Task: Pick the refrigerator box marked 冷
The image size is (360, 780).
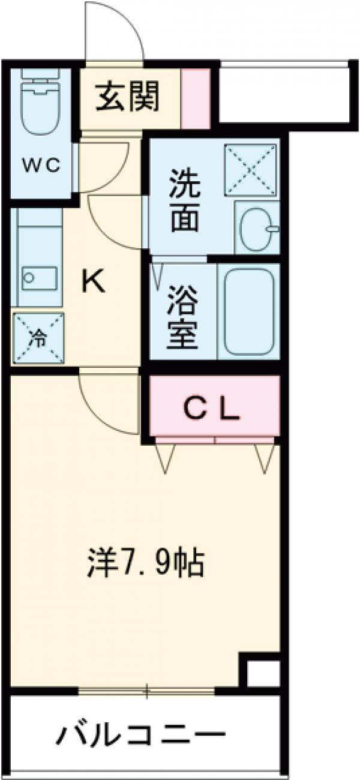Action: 38,338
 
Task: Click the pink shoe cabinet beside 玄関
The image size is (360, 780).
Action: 196,98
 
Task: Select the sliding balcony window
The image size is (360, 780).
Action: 146,692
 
